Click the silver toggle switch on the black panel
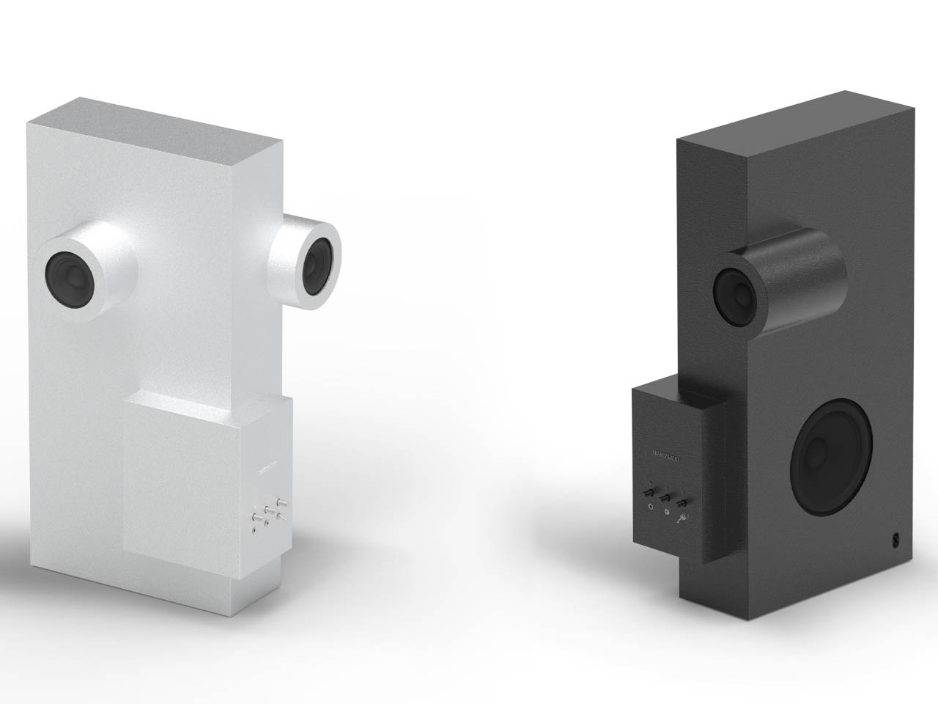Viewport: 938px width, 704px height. click(x=682, y=518)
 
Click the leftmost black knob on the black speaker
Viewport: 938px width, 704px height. click(x=649, y=492)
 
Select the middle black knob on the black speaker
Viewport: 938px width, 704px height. click(x=665, y=498)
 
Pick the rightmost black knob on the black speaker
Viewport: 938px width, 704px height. click(x=682, y=503)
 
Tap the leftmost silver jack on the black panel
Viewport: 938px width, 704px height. click(x=651, y=507)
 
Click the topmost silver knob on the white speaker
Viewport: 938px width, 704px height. click(x=281, y=502)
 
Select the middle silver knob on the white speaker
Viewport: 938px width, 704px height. click(x=269, y=510)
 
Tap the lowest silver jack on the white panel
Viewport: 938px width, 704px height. click(x=254, y=530)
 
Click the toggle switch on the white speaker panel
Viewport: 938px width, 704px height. click(x=282, y=518)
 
